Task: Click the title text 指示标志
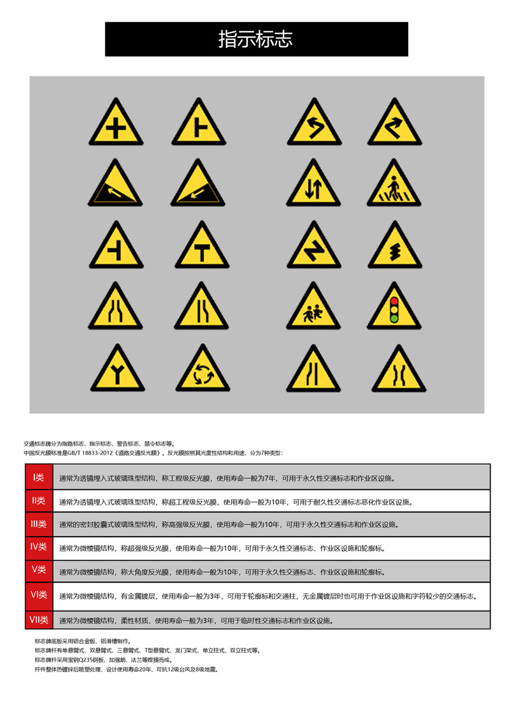pyautogui.click(x=256, y=39)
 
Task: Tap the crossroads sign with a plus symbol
pyautogui.click(x=116, y=126)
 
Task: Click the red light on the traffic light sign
pyautogui.click(x=394, y=299)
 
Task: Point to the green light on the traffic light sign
pyautogui.click(x=394, y=318)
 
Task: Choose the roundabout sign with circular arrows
pyautogui.click(x=201, y=373)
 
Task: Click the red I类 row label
pyautogui.click(x=39, y=478)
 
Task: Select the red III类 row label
pyautogui.click(x=39, y=524)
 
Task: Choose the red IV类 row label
pyautogui.click(x=39, y=547)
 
